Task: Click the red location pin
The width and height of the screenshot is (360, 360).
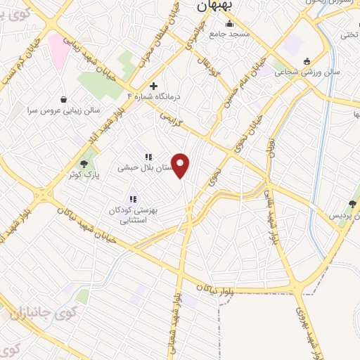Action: [x=181, y=166]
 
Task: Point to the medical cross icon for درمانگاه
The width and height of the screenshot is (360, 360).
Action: [x=153, y=86]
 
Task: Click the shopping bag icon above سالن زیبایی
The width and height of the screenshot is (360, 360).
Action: [x=65, y=99]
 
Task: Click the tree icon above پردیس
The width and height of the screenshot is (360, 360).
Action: [x=352, y=204]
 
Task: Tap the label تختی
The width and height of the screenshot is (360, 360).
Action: [x=349, y=34]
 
